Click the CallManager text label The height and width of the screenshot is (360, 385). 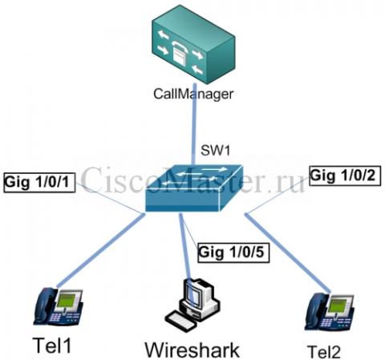coord(193,94)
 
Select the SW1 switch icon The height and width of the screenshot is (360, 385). coord(194,188)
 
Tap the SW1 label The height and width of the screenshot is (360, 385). coord(215,151)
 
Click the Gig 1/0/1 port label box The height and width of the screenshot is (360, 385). coord(39,183)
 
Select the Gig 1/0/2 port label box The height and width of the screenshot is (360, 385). coord(345,176)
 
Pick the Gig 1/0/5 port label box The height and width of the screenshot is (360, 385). coord(233,253)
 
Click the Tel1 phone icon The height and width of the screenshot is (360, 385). coord(59,306)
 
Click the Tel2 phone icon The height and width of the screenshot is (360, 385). coord(330,312)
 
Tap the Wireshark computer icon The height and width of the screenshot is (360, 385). coord(192,305)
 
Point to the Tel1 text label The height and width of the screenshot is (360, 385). coord(52,345)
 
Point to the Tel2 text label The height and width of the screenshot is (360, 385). coord(324,352)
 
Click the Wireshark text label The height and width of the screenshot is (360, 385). coord(192,350)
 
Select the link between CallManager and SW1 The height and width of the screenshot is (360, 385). coord(194,124)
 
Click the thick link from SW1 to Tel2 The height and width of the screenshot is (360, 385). coord(288,253)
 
